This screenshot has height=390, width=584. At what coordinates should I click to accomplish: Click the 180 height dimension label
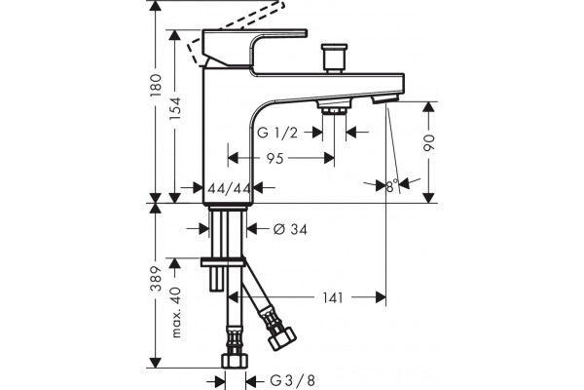pos(156,86)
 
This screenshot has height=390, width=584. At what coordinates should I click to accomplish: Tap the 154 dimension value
pos(174,108)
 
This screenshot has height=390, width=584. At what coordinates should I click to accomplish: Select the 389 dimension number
pos(156,279)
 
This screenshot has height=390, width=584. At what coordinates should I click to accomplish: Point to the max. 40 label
pos(175,313)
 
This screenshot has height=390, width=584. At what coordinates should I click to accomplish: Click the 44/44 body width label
pos(229,188)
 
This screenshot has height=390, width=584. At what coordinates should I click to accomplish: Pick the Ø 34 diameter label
pos(290,229)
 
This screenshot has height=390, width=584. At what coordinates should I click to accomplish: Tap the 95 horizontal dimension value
pos(275,159)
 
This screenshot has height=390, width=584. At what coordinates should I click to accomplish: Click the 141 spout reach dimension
pos(332,297)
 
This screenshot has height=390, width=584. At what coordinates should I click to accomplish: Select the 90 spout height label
pos(429,142)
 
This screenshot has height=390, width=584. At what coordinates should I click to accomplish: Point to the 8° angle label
pos(392,185)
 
